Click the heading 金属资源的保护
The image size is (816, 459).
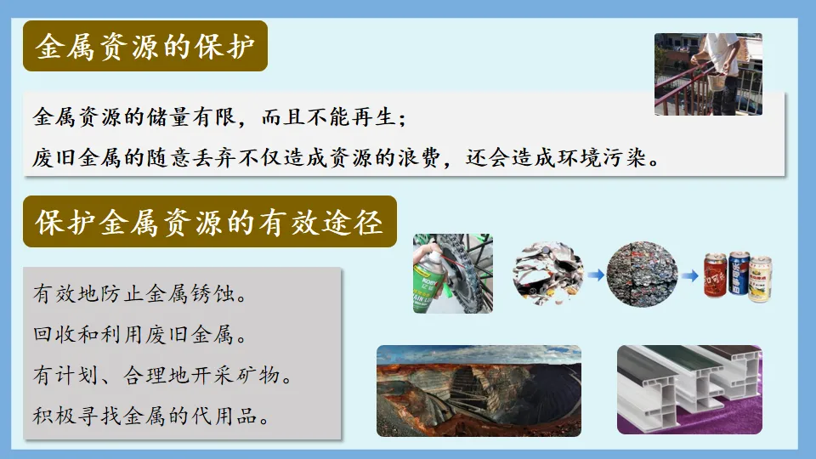[x=145, y=46]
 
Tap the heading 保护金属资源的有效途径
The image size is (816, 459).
[x=209, y=222]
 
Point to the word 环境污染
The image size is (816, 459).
[x=609, y=158]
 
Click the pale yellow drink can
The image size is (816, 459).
[x=760, y=279]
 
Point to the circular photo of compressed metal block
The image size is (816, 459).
[x=642, y=273]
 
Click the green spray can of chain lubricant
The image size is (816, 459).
[x=433, y=280]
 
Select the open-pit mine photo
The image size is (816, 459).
[x=479, y=390]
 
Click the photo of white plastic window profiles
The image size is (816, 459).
[x=689, y=390]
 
